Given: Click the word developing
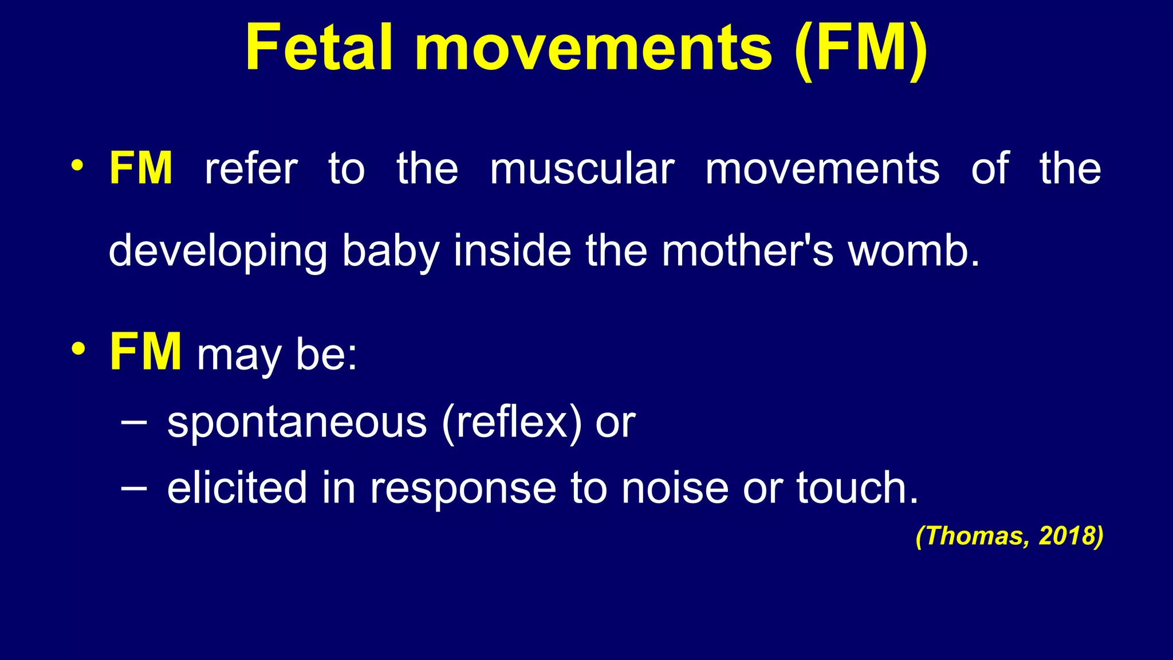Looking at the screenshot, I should (x=218, y=251).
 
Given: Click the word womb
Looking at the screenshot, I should (x=914, y=251).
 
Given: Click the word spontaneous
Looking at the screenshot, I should (x=297, y=423).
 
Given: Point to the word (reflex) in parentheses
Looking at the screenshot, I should (x=511, y=423).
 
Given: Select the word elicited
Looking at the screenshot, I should (x=237, y=488).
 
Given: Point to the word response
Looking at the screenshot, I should (x=463, y=488).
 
